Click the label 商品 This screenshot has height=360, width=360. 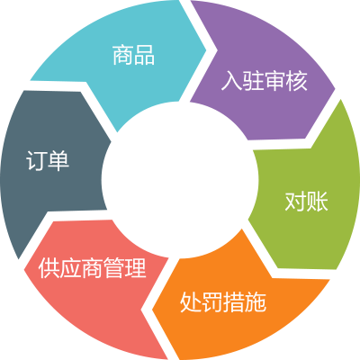(x=133, y=55)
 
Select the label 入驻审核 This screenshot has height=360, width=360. (x=265, y=81)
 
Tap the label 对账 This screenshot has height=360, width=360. (x=306, y=201)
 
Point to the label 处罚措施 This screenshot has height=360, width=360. (x=223, y=301)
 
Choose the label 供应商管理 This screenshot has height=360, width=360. (x=93, y=267)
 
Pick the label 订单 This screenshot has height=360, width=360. (x=48, y=160)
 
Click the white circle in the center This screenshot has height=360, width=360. (x=180, y=179)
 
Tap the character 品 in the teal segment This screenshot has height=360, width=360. (x=144, y=55)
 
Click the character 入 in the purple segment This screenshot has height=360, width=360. (x=231, y=81)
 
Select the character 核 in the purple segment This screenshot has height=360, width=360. (x=297, y=81)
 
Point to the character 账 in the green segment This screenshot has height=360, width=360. (x=318, y=201)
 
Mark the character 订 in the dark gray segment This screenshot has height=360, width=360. (x=37, y=160)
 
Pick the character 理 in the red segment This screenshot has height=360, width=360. (x=136, y=267)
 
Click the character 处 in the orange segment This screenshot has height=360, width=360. (x=191, y=301)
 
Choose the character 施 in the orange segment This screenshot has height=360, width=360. (x=256, y=301)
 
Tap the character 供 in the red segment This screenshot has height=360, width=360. (x=49, y=267)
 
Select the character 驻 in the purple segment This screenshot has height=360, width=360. (x=254, y=81)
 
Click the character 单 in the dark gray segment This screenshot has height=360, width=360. (x=58, y=160)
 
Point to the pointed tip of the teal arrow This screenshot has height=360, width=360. (x=207, y=49)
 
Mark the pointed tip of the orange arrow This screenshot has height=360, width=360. (x=152, y=310)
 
